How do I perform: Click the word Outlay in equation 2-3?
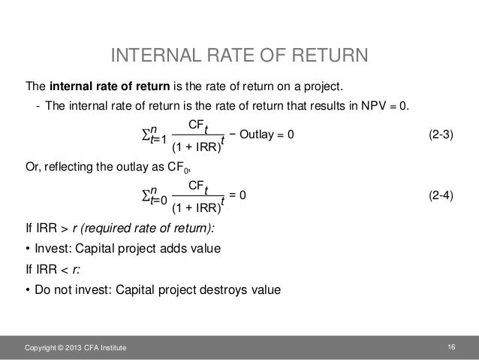260,134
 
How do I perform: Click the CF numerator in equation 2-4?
198,184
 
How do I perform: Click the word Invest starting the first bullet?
52,249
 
